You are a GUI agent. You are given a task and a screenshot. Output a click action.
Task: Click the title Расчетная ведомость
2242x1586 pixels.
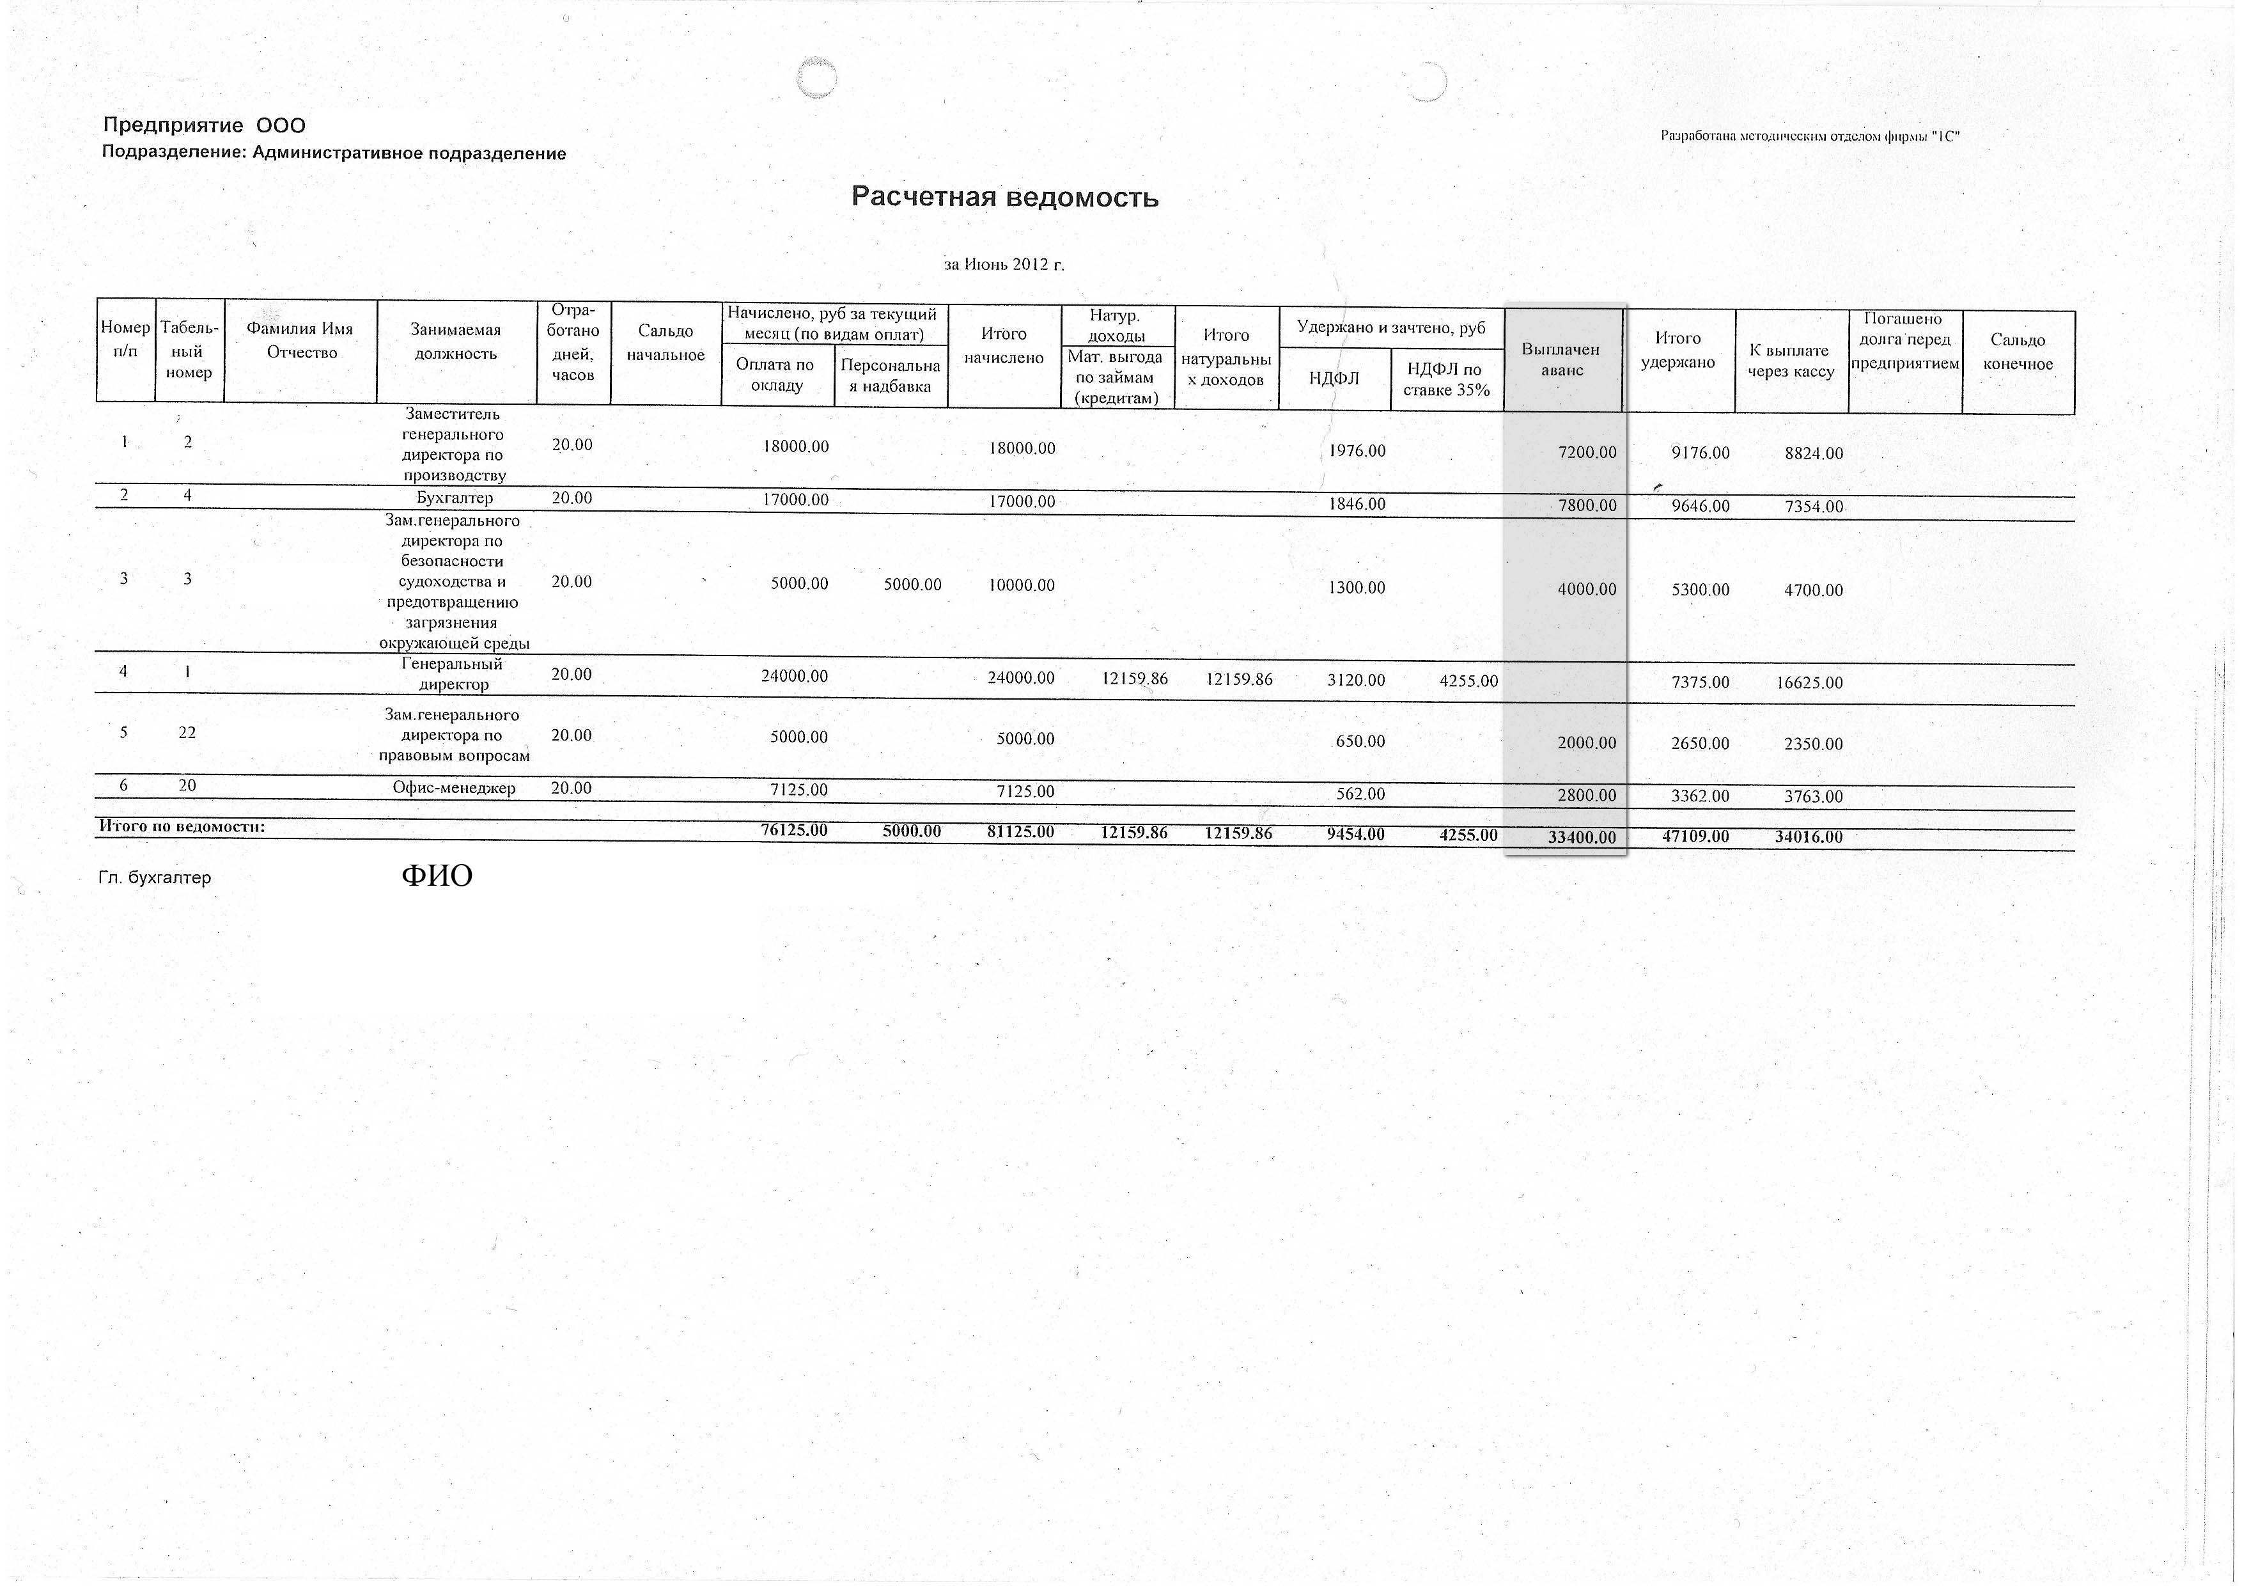click(1005, 197)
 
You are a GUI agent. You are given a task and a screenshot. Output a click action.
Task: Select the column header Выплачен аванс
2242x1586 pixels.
click(1561, 360)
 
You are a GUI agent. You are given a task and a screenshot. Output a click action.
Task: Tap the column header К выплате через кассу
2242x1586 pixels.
click(1790, 360)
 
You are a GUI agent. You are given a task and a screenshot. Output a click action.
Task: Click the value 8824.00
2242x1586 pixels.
click(1813, 453)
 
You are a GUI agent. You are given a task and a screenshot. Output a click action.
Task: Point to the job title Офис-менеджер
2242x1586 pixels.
click(454, 788)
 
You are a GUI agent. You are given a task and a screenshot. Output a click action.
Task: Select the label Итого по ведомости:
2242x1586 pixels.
click(183, 827)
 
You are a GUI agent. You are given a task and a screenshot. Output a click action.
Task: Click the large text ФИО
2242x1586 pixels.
click(437, 875)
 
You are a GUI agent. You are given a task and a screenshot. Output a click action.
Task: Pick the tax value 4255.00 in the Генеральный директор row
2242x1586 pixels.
click(1468, 680)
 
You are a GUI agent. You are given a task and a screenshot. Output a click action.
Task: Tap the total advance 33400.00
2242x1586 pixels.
click(1581, 837)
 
